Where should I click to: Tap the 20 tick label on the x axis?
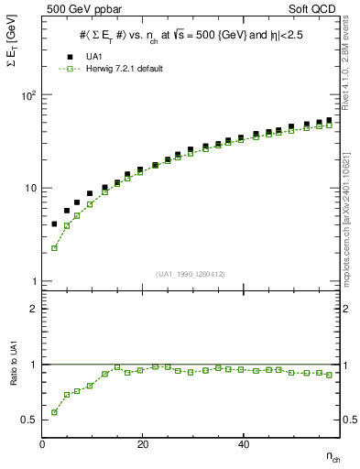click(x=143, y=445)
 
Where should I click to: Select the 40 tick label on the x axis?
click(x=243, y=445)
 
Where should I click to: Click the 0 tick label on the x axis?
click(x=43, y=445)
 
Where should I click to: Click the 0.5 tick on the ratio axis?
click(x=29, y=420)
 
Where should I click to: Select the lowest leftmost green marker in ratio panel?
click(x=54, y=412)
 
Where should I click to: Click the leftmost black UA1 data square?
click(x=54, y=224)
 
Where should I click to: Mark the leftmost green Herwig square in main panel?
click(x=54, y=247)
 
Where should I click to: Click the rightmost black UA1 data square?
click(x=329, y=120)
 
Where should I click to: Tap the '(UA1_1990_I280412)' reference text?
click(x=191, y=274)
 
